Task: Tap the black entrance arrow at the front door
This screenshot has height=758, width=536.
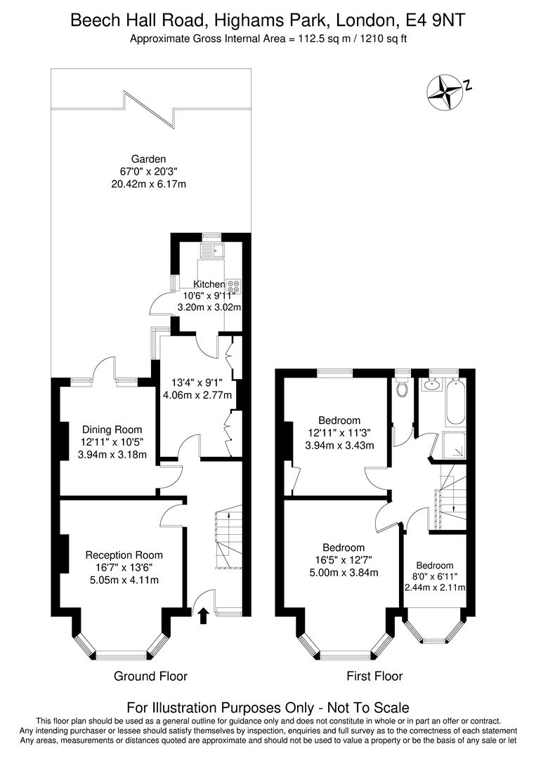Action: click(203, 616)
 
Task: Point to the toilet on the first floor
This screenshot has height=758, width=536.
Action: click(402, 387)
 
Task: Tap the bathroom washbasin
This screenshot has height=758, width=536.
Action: click(431, 385)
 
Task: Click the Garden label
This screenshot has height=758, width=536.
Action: click(148, 159)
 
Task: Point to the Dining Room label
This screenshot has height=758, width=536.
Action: click(112, 430)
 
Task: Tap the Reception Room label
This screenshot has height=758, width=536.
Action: click(124, 555)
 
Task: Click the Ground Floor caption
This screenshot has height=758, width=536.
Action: click(150, 676)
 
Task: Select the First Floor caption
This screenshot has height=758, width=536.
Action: click(374, 676)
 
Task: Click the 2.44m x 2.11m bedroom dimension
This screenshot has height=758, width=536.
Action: click(435, 587)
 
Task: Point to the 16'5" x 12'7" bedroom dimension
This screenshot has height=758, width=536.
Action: click(344, 560)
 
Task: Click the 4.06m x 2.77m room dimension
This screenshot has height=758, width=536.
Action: click(197, 395)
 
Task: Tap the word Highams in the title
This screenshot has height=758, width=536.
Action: click(248, 20)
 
